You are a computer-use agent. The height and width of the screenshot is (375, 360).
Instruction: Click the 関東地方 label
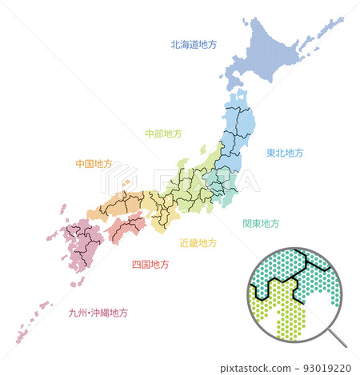[261, 223]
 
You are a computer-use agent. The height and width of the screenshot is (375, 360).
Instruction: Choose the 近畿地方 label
[198, 242]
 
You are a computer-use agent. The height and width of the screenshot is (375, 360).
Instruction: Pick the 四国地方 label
[150, 264]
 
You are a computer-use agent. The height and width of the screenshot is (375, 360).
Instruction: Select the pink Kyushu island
[76, 248]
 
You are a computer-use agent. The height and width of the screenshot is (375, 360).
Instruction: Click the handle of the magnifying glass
[337, 339]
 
